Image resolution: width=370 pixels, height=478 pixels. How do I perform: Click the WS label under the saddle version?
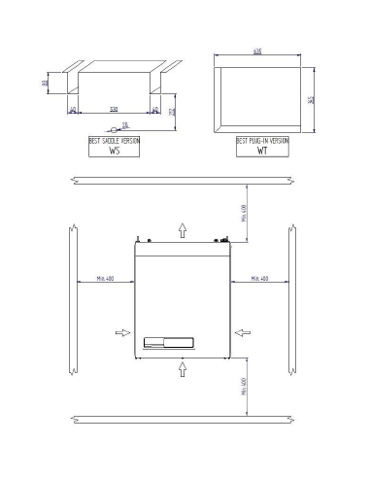[115, 152]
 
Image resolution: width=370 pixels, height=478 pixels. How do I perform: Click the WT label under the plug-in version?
[262, 152]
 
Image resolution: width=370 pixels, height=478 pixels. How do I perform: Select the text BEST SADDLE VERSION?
[115, 142]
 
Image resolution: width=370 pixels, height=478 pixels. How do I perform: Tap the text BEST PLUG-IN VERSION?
[262, 142]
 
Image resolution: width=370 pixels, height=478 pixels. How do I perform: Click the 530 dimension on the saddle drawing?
[115, 109]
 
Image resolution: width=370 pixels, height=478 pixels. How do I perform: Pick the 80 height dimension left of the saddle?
[47, 84]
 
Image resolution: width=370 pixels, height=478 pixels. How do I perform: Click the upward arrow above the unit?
[182, 228]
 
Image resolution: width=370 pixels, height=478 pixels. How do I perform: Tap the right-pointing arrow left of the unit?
[122, 332]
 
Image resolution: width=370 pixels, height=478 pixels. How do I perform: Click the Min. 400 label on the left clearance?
[104, 279]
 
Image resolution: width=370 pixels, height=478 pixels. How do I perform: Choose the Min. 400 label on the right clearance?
[259, 279]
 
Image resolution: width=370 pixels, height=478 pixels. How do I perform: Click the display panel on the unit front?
[169, 341]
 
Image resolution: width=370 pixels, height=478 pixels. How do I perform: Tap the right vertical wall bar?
[292, 299]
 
